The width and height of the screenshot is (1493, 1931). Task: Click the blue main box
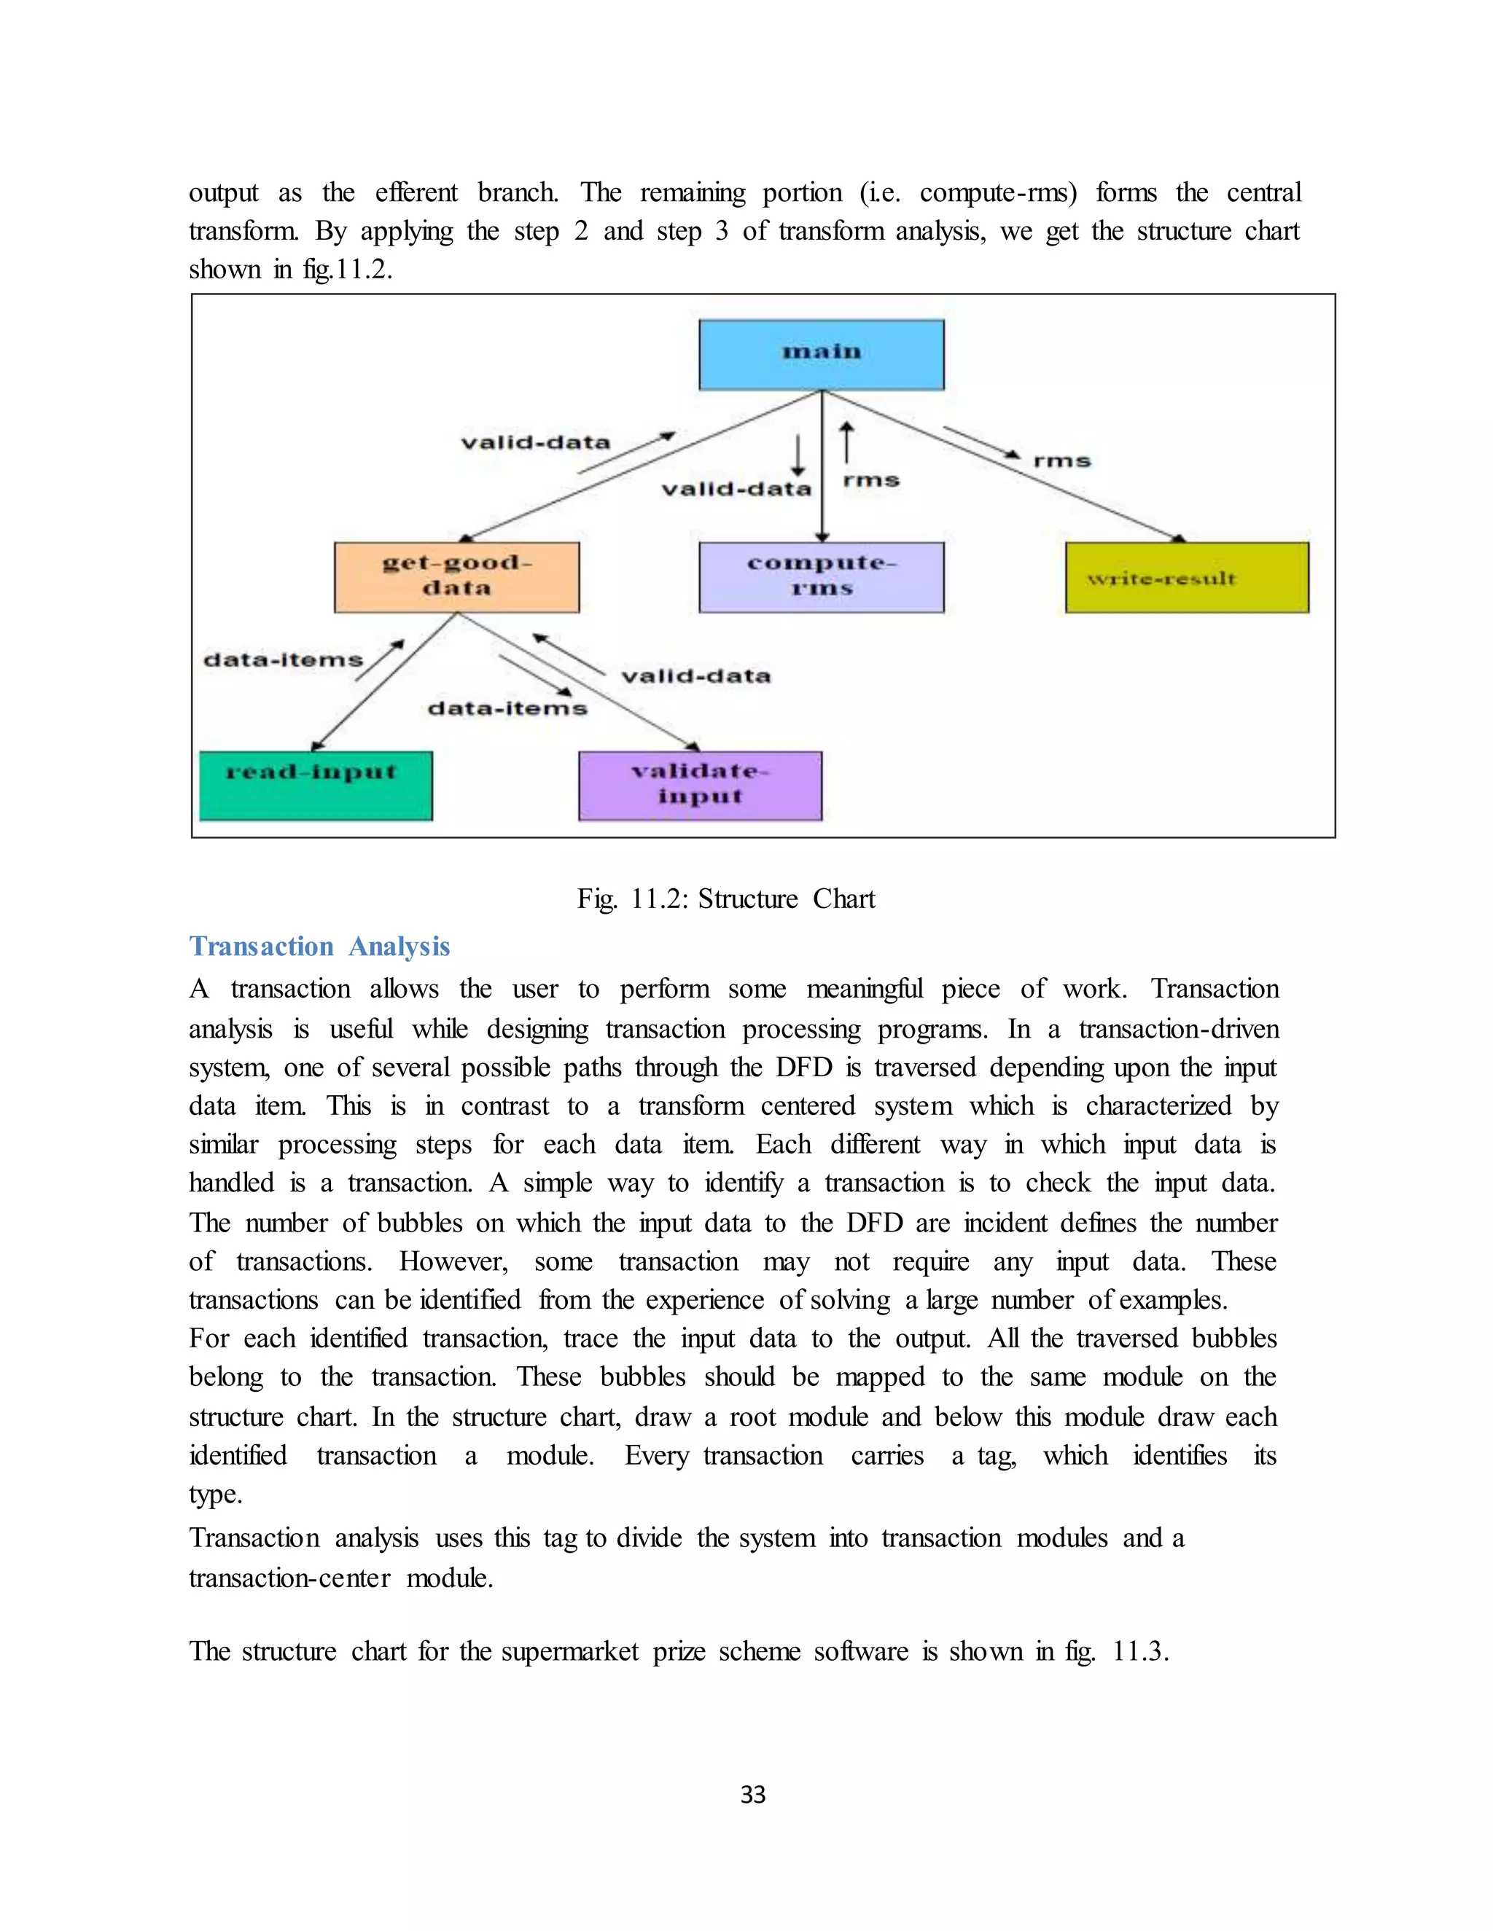[821, 355]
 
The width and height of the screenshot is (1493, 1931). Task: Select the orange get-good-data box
[456, 576]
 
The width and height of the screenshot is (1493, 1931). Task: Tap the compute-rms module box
[821, 576]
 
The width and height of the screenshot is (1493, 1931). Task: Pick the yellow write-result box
[1186, 577]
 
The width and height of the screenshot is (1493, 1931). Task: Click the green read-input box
[316, 785]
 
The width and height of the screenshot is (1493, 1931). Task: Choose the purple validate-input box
[700, 785]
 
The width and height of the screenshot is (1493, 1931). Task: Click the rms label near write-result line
[1061, 461]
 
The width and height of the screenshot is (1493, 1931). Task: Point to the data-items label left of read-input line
[283, 659]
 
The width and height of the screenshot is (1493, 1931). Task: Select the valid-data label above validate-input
[695, 676]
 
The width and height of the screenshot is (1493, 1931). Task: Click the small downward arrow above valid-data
[798, 455]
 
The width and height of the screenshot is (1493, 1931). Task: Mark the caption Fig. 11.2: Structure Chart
[725, 899]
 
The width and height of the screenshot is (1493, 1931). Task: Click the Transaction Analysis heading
[319, 946]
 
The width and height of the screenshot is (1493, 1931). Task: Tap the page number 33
[752, 1795]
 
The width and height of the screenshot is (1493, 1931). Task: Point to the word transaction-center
[289, 1578]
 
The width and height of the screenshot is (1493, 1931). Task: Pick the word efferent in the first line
[416, 192]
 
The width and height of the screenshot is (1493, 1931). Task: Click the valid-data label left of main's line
[535, 442]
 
